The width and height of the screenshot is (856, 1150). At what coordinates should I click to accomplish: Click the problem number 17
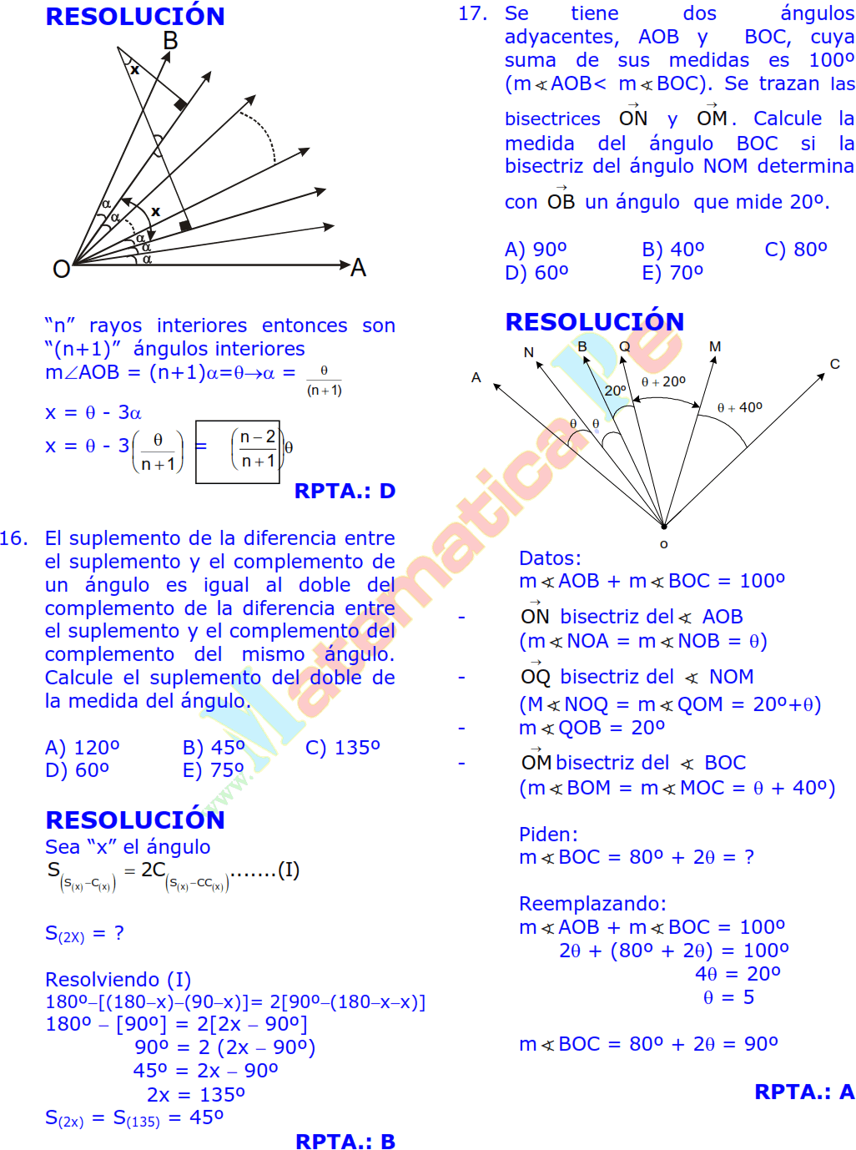pyautogui.click(x=472, y=13)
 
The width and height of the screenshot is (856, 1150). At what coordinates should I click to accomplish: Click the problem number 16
pyautogui.click(x=14, y=538)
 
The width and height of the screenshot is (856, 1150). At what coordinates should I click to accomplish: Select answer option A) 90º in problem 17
pyautogui.click(x=536, y=250)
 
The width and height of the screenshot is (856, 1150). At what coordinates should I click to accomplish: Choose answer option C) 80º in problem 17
pyautogui.click(x=796, y=250)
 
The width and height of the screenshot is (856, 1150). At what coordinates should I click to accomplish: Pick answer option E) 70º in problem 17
pyautogui.click(x=672, y=273)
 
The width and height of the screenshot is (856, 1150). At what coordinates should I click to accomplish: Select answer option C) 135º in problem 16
pyautogui.click(x=342, y=748)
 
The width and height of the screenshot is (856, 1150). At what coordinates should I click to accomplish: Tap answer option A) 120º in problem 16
pyautogui.click(x=82, y=748)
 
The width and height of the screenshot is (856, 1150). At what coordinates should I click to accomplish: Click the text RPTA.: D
pyautogui.click(x=345, y=491)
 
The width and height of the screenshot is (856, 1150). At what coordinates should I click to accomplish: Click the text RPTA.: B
pyautogui.click(x=345, y=1142)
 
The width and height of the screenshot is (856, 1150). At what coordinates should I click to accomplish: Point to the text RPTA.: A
pyautogui.click(x=803, y=1092)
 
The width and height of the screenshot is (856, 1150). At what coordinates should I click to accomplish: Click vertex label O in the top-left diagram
pyautogui.click(x=61, y=269)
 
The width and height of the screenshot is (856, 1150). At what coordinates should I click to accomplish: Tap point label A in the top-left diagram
pyautogui.click(x=359, y=268)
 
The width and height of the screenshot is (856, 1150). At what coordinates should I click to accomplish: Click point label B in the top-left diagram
pyautogui.click(x=170, y=41)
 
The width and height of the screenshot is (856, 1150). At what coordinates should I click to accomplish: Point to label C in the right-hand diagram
pyautogui.click(x=834, y=364)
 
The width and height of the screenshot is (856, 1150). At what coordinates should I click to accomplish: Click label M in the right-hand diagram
pyautogui.click(x=715, y=346)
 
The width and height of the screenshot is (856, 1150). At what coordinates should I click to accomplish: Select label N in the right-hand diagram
pyautogui.click(x=528, y=352)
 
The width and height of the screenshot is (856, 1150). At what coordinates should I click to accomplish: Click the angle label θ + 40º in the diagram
pyautogui.click(x=739, y=407)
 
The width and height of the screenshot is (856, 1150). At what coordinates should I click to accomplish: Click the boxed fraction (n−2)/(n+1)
pyautogui.click(x=258, y=449)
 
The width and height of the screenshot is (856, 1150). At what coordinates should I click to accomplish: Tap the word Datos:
pyautogui.click(x=550, y=558)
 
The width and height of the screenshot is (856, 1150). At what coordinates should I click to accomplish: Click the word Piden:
pyautogui.click(x=548, y=835)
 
